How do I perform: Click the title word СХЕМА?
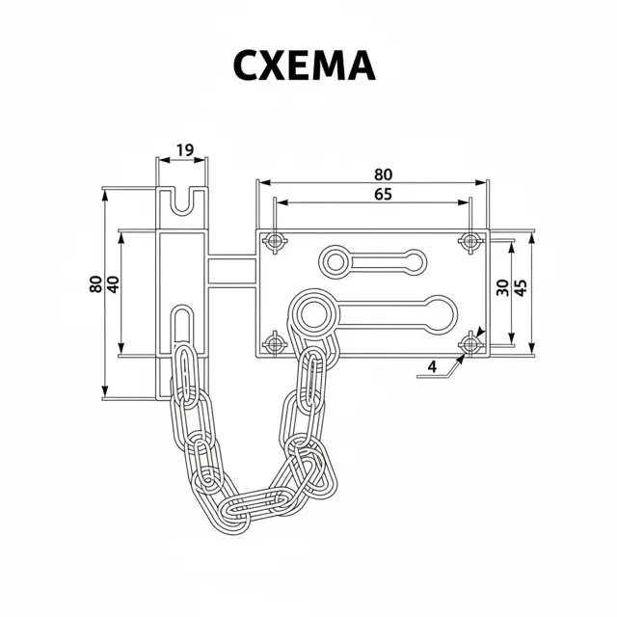305,66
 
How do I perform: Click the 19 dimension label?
185,150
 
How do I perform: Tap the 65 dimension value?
384,194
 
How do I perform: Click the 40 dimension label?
113,284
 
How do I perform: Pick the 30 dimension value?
502,287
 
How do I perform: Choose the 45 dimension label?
521,287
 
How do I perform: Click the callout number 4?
433,366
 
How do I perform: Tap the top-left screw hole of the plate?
274,240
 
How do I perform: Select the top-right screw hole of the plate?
470,240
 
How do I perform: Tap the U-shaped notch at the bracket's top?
182,201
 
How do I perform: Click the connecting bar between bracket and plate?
231,271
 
